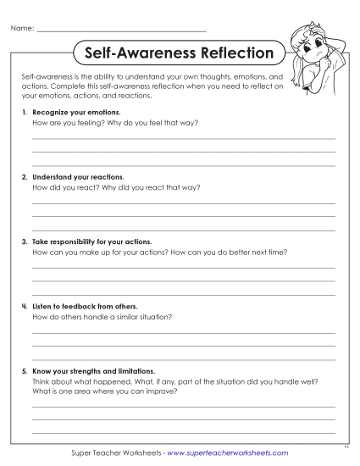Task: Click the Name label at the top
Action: click(22, 30)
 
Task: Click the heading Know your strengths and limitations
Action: click(93, 371)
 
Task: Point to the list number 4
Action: click(24, 306)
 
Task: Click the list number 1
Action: click(24, 112)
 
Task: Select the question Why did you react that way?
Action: click(157, 187)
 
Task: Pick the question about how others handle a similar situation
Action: click(102, 317)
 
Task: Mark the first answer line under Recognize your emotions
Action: click(183, 137)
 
